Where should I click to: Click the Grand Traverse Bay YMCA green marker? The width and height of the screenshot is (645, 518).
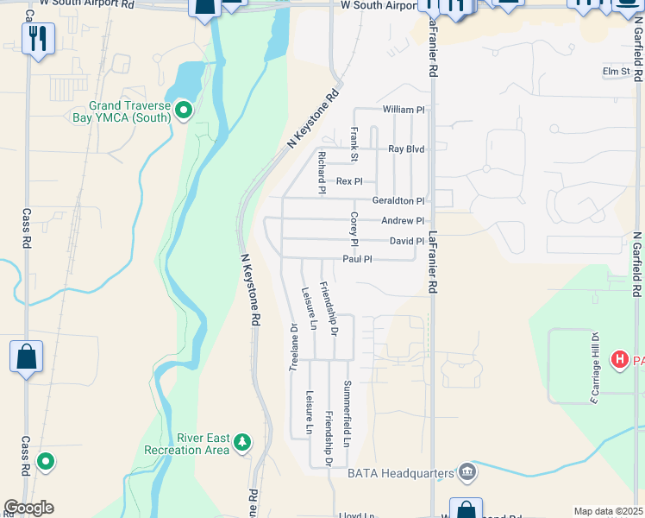tap(183, 110)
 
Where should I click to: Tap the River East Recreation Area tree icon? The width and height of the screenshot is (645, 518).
tap(244, 443)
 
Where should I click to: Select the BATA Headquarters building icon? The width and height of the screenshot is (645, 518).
tap(467, 471)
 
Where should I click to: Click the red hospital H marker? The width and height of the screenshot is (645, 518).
tap(619, 359)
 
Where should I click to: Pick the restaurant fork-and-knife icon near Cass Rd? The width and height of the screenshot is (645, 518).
tap(38, 38)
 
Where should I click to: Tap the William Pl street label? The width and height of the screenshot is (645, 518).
tap(404, 110)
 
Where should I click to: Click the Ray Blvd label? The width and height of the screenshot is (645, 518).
tap(406, 149)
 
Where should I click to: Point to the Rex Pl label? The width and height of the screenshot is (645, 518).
tap(349, 181)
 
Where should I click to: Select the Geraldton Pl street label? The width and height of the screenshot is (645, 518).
tap(398, 200)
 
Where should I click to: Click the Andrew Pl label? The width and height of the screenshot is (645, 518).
tap(403, 221)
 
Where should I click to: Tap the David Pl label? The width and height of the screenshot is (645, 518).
tap(406, 242)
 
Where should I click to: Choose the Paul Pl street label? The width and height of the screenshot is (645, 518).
tap(357, 259)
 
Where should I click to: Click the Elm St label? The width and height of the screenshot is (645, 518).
tap(616, 72)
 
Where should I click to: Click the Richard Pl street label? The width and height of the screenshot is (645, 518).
tap(321, 172)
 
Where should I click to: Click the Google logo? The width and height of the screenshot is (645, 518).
tap(28, 508)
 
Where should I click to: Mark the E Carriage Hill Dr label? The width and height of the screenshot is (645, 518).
tap(594, 367)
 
